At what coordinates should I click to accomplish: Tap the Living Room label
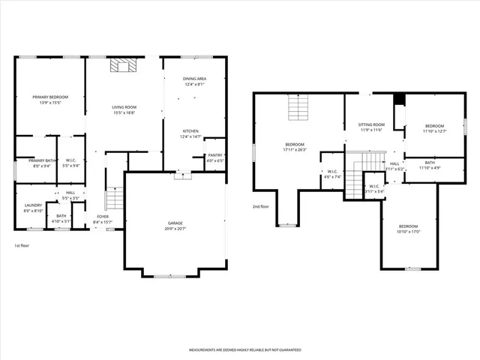point(124,110)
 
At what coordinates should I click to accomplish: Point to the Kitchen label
point(190,133)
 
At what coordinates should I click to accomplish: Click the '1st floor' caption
point(22,246)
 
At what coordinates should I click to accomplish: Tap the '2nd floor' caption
point(260,206)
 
